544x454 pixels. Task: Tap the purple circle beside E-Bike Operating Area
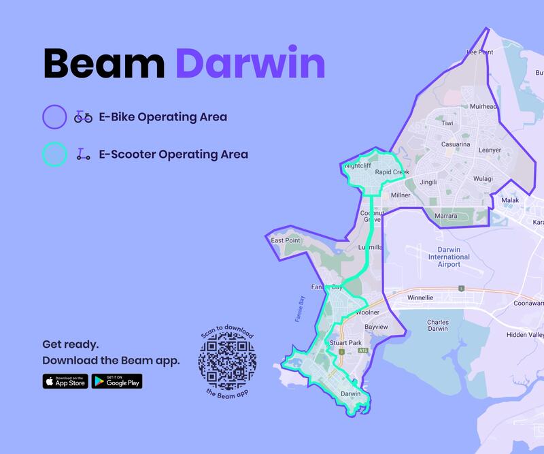coord(54,117)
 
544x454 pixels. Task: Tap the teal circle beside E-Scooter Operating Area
coord(54,155)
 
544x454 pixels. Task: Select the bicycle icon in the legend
coord(83,117)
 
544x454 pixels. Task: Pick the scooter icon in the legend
coord(83,155)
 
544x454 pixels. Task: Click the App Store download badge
coord(65,381)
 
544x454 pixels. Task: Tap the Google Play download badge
coord(117,381)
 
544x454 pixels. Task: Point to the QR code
coord(227,359)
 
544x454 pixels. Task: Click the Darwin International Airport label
coord(449,257)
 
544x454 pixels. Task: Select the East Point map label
coord(285,240)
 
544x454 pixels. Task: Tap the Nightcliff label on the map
coord(358,165)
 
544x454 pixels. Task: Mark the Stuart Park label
coord(345,342)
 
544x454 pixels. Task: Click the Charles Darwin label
coord(437,325)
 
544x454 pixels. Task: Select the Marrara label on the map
coord(447,216)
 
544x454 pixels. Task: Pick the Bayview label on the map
coord(376,327)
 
